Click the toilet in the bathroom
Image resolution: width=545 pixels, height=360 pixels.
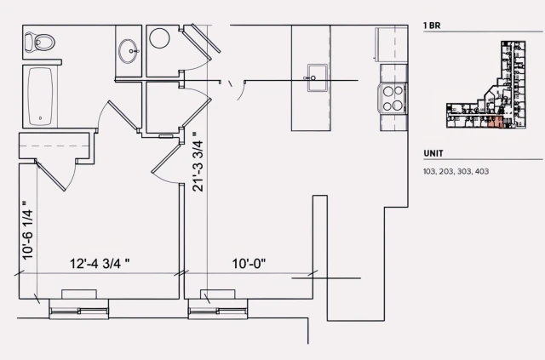(x=41, y=41)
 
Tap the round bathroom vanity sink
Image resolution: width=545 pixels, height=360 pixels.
(x=130, y=49)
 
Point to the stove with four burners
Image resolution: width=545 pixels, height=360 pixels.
(x=393, y=99)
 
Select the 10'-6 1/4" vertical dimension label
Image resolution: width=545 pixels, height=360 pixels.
(x=27, y=230)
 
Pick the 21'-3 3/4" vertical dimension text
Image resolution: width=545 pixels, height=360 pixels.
(x=198, y=162)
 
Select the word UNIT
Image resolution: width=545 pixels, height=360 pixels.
(x=433, y=153)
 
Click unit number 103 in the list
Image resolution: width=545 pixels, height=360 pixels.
(x=429, y=171)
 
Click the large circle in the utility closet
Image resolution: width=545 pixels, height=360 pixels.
(x=160, y=39)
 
